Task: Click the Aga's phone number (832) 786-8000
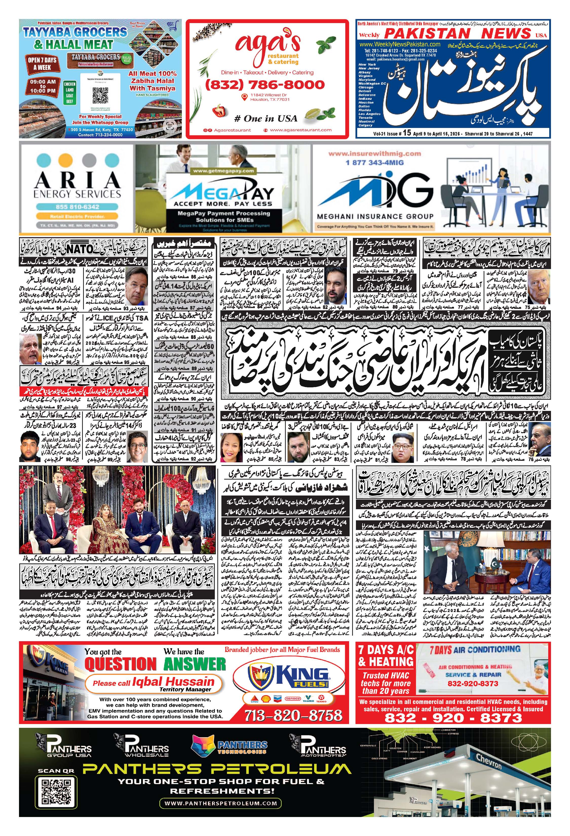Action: coord(265,85)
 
